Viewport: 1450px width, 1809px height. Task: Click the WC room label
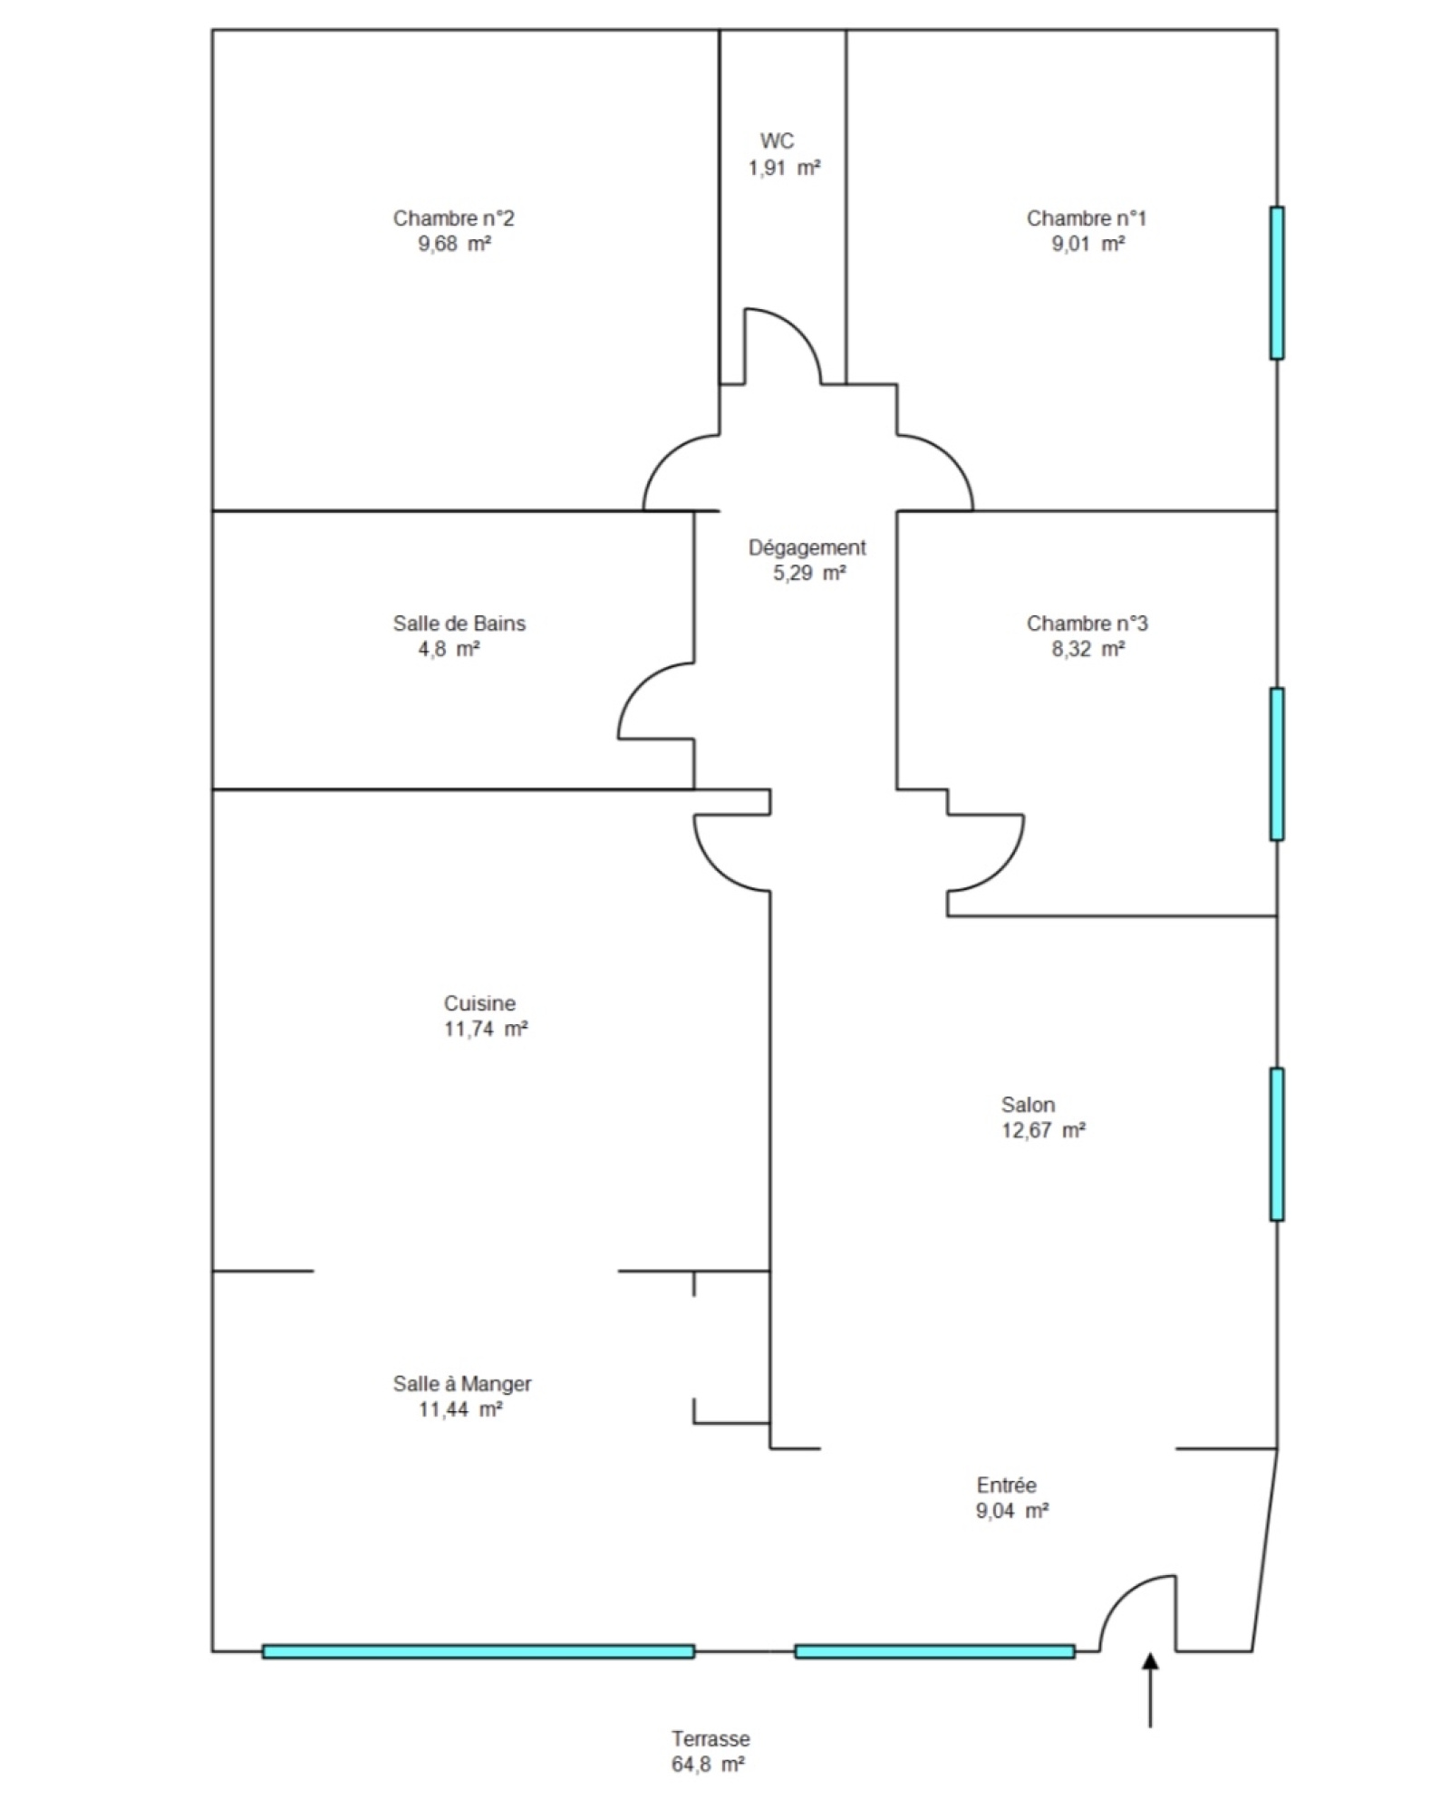(x=777, y=141)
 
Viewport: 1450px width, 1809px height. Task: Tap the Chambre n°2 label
(x=453, y=218)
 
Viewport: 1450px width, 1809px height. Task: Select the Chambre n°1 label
(x=1086, y=218)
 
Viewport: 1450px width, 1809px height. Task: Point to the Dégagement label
(x=807, y=548)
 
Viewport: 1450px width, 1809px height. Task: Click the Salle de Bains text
(x=459, y=624)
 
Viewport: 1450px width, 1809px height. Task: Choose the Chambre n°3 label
(x=1087, y=624)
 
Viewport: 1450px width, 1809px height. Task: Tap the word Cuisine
(x=479, y=1003)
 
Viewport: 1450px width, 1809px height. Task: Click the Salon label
(x=1028, y=1105)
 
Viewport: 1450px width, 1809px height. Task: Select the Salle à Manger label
(x=462, y=1384)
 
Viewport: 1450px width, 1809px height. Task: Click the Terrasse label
(x=710, y=1739)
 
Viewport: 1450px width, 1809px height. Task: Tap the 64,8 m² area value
(x=708, y=1765)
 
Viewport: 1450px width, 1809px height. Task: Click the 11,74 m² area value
(x=486, y=1029)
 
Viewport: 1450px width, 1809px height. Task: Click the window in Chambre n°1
(x=1277, y=283)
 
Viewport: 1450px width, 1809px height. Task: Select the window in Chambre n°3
(x=1277, y=764)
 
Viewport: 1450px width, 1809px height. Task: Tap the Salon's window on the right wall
(x=1277, y=1144)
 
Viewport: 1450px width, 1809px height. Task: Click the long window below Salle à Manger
(x=478, y=1651)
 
